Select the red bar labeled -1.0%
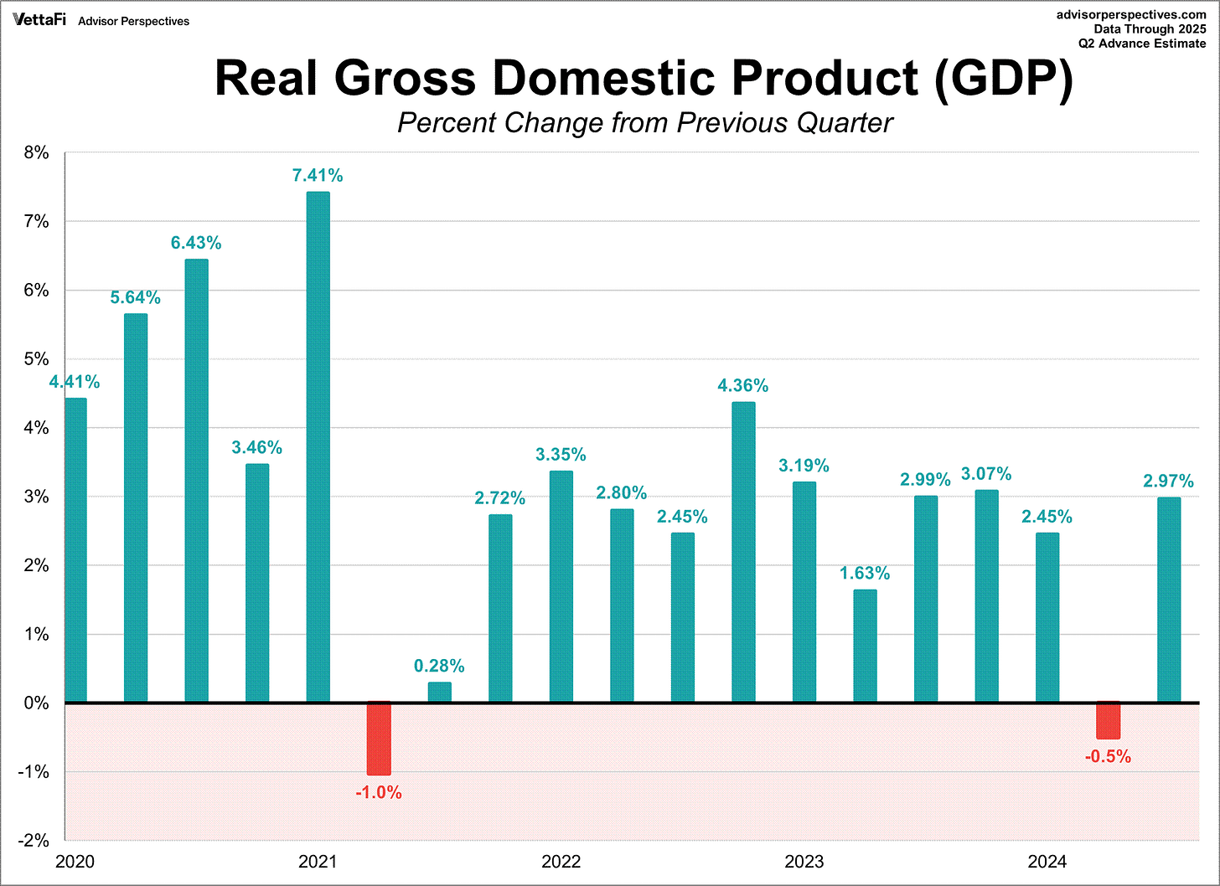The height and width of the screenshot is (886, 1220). click(379, 738)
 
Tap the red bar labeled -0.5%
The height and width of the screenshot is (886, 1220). click(1109, 720)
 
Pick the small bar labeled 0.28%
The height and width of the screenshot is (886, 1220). click(439, 693)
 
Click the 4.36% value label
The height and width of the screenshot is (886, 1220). click(742, 385)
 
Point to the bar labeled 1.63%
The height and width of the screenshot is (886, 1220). click(865, 646)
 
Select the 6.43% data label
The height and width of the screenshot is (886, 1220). click(196, 243)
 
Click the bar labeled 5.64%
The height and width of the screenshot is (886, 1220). click(136, 507)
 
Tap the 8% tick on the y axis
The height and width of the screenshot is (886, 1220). click(36, 153)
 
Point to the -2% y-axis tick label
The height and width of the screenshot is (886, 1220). click(34, 840)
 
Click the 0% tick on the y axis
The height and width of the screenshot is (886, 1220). click(36, 703)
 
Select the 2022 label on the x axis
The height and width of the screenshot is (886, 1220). click(561, 862)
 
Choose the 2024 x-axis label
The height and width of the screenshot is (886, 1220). click(1047, 862)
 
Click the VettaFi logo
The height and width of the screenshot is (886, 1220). click(39, 19)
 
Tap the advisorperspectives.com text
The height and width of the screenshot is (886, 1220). click(1131, 14)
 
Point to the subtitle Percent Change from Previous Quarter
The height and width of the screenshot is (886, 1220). click(644, 123)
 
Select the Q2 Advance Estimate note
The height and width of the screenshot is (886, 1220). click(1142, 44)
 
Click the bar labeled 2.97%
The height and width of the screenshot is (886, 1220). click(1169, 600)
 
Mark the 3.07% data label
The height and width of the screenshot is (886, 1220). click(986, 474)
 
